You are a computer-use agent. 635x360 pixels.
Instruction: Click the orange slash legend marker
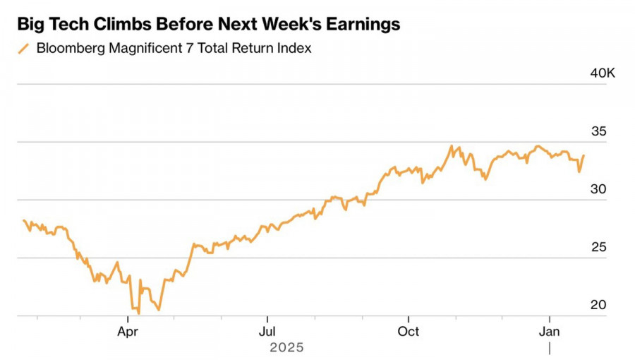point(24,49)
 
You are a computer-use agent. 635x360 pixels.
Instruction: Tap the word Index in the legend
point(295,49)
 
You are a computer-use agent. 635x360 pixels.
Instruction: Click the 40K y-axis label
point(602,73)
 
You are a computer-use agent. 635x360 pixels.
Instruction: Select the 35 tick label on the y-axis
point(598,131)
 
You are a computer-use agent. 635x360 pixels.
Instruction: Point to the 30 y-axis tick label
point(598,189)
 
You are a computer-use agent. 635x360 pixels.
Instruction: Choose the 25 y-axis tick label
point(598,247)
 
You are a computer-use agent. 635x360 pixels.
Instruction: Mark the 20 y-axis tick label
point(598,305)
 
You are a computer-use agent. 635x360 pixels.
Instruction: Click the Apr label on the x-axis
point(128,331)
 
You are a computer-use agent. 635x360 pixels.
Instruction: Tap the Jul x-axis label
point(267,331)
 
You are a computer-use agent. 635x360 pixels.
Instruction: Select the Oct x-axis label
point(409,331)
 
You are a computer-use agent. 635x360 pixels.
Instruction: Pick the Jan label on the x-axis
point(550,331)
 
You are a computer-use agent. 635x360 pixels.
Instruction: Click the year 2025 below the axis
point(286,347)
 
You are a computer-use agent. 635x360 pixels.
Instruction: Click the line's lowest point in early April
point(138,313)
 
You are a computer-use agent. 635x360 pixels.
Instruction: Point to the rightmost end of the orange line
point(583,155)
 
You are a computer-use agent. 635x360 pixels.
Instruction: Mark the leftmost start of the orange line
point(23,220)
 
